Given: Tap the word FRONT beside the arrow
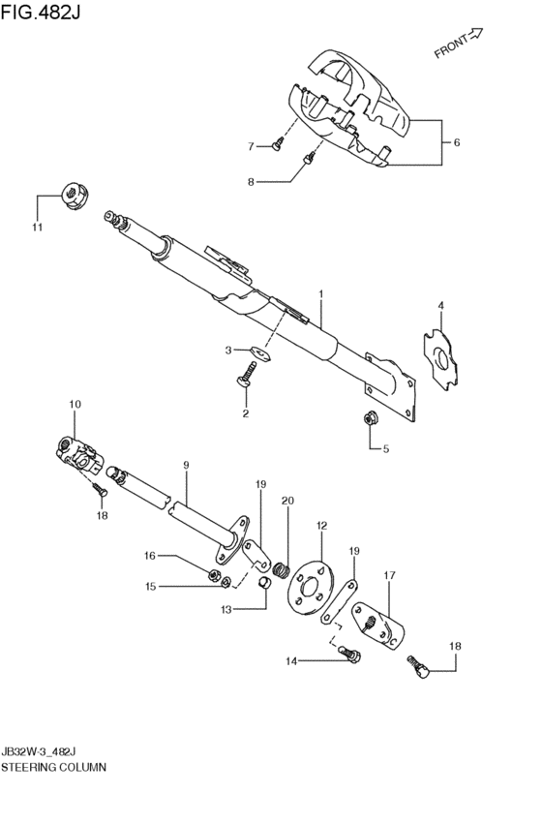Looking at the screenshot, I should point(451,47).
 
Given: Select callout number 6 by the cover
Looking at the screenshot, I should point(456,143).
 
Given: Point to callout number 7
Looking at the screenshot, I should point(250,147).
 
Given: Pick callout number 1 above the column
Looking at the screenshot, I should point(320,293).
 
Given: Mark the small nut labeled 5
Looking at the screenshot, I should point(370,419).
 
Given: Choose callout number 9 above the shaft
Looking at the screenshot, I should point(186,466).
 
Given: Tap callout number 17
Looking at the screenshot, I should point(389,575).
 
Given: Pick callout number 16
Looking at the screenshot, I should point(150,556).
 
